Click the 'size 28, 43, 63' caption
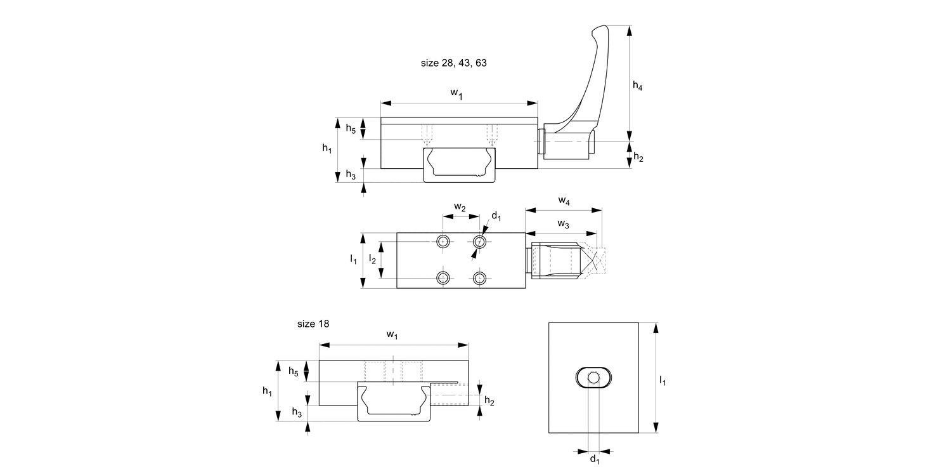click(x=453, y=63)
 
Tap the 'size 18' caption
click(x=313, y=324)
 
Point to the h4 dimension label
click(x=637, y=86)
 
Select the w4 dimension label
click(x=564, y=201)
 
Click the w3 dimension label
click(x=563, y=224)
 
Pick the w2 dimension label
click(x=460, y=207)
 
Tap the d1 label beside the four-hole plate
click(x=496, y=216)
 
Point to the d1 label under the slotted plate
click(x=595, y=459)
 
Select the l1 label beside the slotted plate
click(x=663, y=380)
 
